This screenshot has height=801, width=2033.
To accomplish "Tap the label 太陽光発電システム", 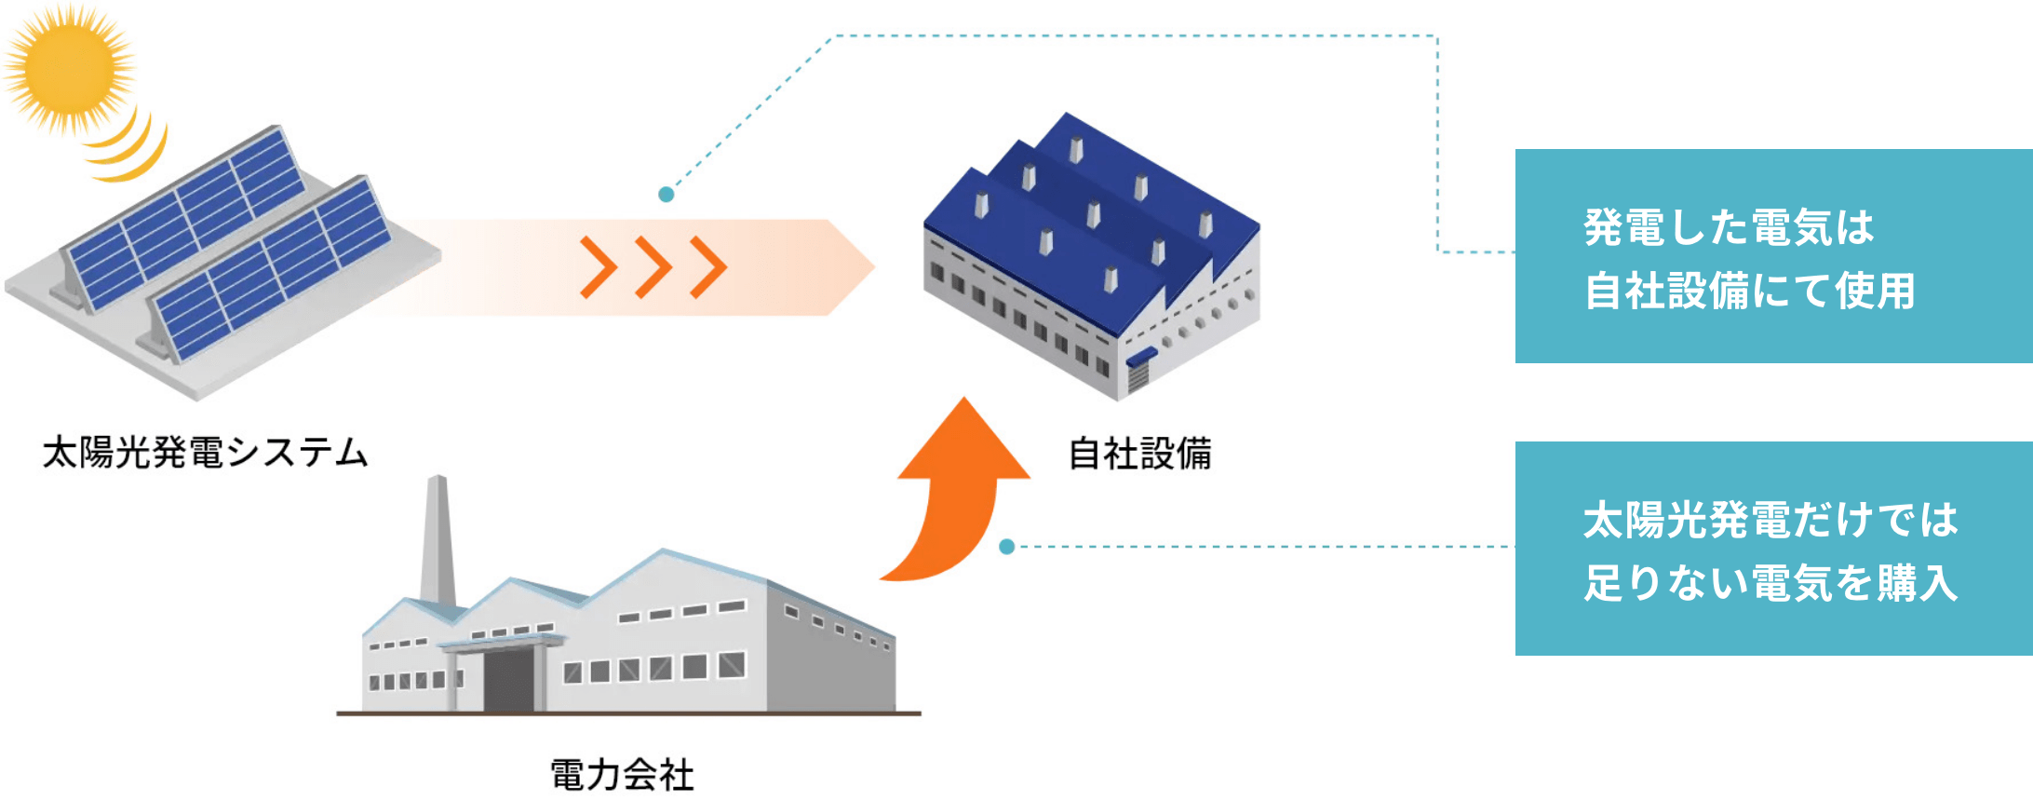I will tap(206, 453).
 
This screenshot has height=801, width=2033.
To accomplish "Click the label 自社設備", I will tap(1139, 454).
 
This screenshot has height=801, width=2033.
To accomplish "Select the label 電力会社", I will tap(622, 774).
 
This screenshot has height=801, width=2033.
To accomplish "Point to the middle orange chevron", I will tap(653, 267).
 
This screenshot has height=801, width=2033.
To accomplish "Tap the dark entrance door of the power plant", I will tap(508, 681).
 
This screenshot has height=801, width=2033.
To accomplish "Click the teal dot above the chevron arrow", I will tap(666, 195).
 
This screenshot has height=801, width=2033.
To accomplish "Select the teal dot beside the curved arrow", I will tap(1006, 547).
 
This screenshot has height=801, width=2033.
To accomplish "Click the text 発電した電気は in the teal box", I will tap(1729, 227).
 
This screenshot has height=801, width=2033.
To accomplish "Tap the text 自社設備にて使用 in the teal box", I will tap(1749, 291).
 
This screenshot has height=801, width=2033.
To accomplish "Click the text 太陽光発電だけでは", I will tap(1770, 520).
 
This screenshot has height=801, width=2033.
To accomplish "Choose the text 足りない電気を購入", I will tap(1770, 583).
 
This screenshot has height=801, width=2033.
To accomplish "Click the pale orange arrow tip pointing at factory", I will tap(849, 267).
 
